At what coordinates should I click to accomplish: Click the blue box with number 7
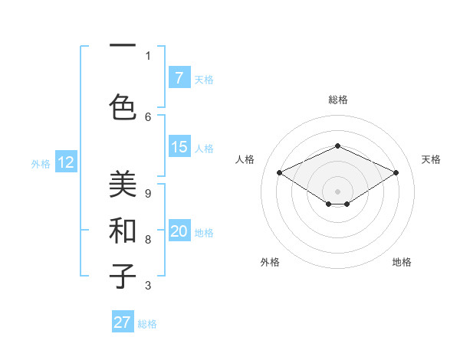click(x=179, y=78)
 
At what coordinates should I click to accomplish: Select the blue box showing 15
click(x=179, y=147)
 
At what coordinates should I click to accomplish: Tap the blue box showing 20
click(x=179, y=232)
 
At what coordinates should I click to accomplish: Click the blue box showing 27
click(x=123, y=322)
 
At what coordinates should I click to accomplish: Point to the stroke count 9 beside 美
click(x=148, y=193)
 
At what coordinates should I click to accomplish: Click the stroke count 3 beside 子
click(x=148, y=286)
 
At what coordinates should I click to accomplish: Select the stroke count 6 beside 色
click(x=148, y=116)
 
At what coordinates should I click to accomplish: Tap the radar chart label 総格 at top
click(x=337, y=100)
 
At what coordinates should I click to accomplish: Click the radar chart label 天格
click(x=432, y=159)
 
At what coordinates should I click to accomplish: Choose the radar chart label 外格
click(x=270, y=262)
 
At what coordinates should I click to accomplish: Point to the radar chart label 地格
click(x=402, y=262)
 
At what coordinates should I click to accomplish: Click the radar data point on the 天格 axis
click(x=396, y=172)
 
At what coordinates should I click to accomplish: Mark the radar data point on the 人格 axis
click(x=279, y=172)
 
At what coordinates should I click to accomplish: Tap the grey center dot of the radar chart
click(x=337, y=191)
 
